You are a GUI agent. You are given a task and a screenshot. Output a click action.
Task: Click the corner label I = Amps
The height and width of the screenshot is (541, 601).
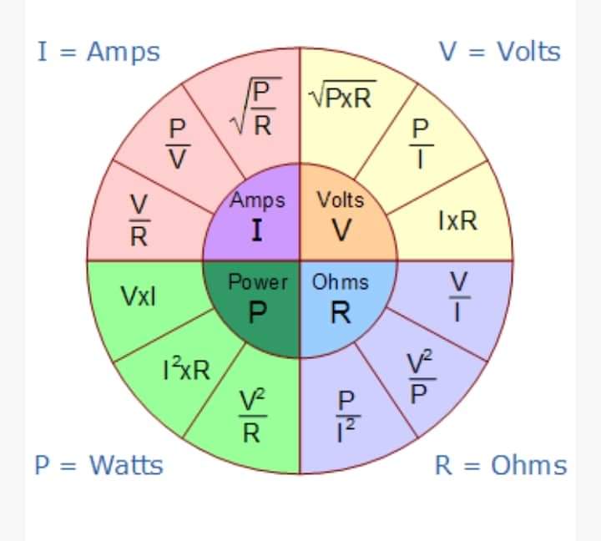(x=98, y=53)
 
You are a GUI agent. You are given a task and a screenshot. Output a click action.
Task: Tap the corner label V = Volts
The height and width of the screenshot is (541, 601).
(x=500, y=52)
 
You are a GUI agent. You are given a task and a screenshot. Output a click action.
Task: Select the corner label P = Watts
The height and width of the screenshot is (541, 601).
(x=98, y=465)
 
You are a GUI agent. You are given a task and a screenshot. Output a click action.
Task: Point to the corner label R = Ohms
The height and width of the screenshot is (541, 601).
(x=501, y=465)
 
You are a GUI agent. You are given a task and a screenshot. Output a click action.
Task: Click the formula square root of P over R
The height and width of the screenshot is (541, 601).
(x=255, y=106)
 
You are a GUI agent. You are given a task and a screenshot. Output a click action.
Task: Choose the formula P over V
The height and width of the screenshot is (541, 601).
(x=178, y=144)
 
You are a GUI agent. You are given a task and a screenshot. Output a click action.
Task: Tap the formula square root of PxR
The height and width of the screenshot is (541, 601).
(x=342, y=94)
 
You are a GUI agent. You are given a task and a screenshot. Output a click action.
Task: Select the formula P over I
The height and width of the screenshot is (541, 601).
(x=421, y=144)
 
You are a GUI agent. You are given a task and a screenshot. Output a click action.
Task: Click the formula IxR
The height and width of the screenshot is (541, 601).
(x=458, y=220)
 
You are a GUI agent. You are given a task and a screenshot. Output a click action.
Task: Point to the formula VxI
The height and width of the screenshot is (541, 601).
(x=139, y=296)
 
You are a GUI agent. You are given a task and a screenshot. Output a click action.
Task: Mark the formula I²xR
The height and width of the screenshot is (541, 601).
(x=187, y=368)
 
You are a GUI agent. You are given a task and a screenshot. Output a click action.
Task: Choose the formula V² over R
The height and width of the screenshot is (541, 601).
(x=252, y=416)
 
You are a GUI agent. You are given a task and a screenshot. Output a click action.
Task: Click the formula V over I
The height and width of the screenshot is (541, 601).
(x=459, y=296)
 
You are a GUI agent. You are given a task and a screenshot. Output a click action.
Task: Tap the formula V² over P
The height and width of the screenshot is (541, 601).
(x=421, y=377)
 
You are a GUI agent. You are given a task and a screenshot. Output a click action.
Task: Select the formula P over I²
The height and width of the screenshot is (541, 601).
(x=348, y=417)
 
